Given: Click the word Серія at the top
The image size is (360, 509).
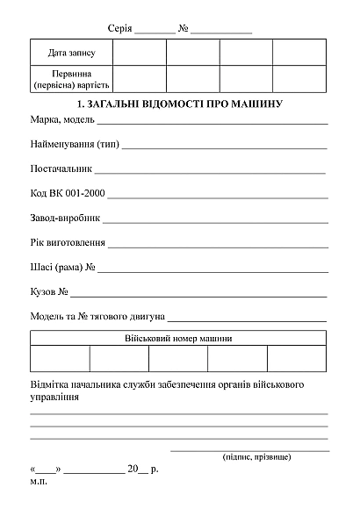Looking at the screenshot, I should pyautogui.click(x=119, y=29).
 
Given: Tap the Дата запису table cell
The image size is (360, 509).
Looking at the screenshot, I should pyautogui.click(x=71, y=54).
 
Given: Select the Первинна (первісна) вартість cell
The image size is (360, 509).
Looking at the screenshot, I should pyautogui.click(x=71, y=79).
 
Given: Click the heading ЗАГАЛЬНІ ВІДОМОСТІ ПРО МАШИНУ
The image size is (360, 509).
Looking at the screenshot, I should pyautogui.click(x=179, y=104).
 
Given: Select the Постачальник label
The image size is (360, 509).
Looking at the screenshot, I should pyautogui.click(x=60, y=168).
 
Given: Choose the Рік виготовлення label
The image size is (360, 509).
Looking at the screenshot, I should pyautogui.click(x=68, y=242).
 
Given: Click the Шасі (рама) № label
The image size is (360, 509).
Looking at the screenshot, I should pyautogui.click(x=62, y=267).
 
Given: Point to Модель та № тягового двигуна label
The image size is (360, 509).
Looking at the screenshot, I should pyautogui.click(x=97, y=315).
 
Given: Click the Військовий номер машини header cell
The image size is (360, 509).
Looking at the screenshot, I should pyautogui.click(x=179, y=338).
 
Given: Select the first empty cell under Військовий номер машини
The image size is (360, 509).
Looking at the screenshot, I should pyautogui.click(x=60, y=359).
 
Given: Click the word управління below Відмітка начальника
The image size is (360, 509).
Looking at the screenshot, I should pyautogui.click(x=54, y=398).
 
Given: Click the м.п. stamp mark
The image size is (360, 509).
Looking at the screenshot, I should pyautogui.click(x=39, y=482).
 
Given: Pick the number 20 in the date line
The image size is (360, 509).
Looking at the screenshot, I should pyautogui.click(x=133, y=469).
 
